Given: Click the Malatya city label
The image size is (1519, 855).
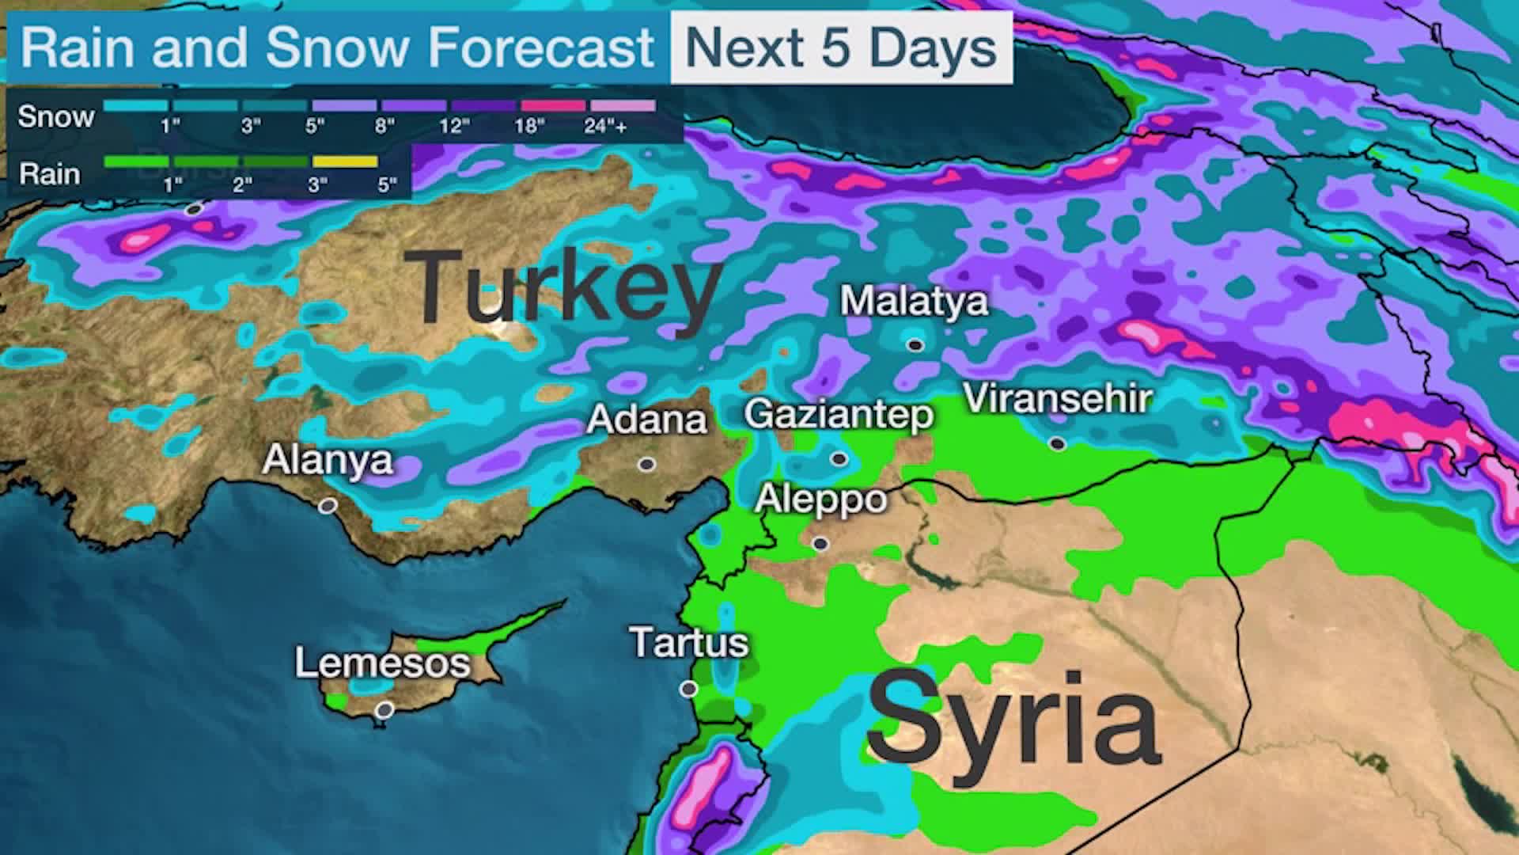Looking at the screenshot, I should pyautogui.click(x=914, y=302).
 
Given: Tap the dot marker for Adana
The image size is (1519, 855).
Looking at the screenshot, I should pyautogui.click(x=647, y=464).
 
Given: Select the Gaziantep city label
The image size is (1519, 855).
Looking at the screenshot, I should pyautogui.click(x=839, y=415).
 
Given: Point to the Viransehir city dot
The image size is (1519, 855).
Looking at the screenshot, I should pyautogui.click(x=1058, y=443).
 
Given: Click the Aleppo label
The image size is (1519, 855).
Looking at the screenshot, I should pyautogui.click(x=820, y=499).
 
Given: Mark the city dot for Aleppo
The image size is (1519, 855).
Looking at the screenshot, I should pyautogui.click(x=820, y=544).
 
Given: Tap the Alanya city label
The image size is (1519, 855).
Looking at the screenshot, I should pyautogui.click(x=327, y=460).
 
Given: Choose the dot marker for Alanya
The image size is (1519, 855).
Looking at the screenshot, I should pyautogui.click(x=328, y=505).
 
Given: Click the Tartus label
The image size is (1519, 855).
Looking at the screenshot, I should pyautogui.click(x=688, y=642).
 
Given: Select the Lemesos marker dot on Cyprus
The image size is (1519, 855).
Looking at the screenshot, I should pyautogui.click(x=384, y=710).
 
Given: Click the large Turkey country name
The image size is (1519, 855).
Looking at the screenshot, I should pyautogui.click(x=563, y=287).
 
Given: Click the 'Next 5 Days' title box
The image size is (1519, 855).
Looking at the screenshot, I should pyautogui.click(x=840, y=48).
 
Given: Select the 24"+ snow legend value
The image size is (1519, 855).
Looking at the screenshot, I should pyautogui.click(x=606, y=127).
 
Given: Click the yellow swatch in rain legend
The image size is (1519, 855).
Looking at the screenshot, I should pyautogui.click(x=345, y=162).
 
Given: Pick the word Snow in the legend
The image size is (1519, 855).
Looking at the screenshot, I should pyautogui.click(x=56, y=117).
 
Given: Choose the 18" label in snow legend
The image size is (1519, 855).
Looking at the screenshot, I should pyautogui.click(x=529, y=127).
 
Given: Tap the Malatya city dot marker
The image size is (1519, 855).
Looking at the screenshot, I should pyautogui.click(x=915, y=344).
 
